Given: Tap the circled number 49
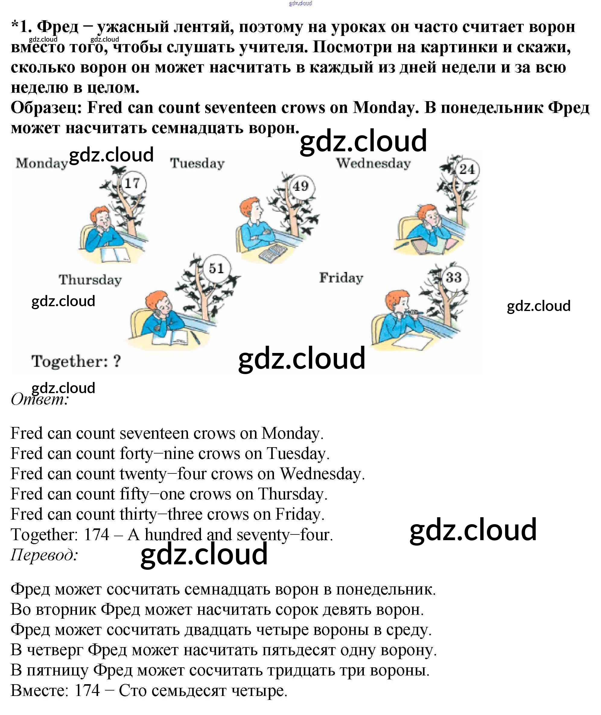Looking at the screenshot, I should pyautogui.click(x=300, y=187).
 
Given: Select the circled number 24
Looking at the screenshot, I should pyautogui.click(x=467, y=169).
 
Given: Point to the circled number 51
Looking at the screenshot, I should pyautogui.click(x=216, y=269).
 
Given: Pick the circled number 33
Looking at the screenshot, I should pyautogui.click(x=454, y=277).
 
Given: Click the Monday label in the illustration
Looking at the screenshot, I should pyautogui.click(x=42, y=163).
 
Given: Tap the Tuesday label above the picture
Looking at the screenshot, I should pyautogui.click(x=197, y=163).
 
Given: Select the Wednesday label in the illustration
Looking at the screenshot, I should pyautogui.click(x=374, y=163).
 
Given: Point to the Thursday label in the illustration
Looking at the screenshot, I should pyautogui.click(x=90, y=280).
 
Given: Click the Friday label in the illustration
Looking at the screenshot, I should pyautogui.click(x=341, y=278).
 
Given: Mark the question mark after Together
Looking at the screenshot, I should pyautogui.click(x=117, y=361).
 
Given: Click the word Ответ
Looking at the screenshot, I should pyautogui.click(x=40, y=399).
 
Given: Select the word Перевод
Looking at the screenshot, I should pyautogui.click(x=44, y=555).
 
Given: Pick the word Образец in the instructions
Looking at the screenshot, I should pyautogui.click(x=47, y=108).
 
